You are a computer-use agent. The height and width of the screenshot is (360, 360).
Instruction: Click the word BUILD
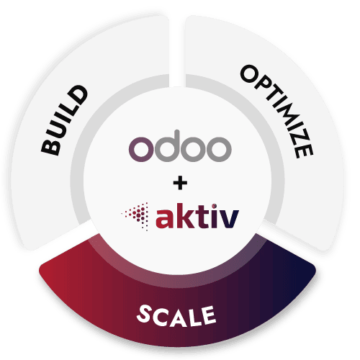pyautogui.click(x=66, y=120)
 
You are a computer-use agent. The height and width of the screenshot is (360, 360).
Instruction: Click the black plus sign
pyautogui.click(x=179, y=181)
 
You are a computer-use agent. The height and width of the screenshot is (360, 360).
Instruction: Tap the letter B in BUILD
pyautogui.click(x=50, y=148)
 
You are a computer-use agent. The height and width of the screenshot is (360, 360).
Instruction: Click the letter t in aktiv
pyautogui.click(x=198, y=214)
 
